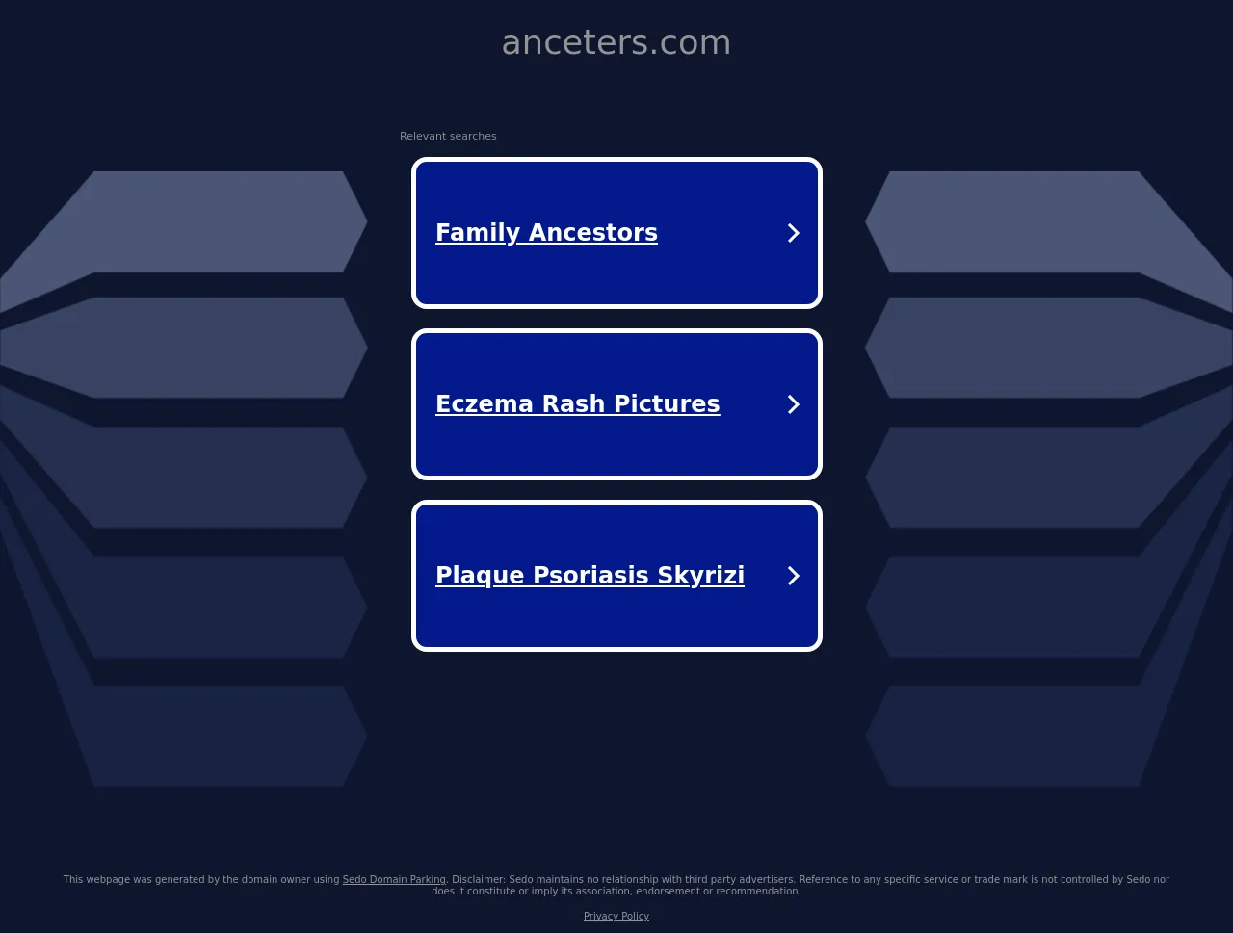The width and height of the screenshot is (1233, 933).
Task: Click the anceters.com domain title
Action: pos(616,42)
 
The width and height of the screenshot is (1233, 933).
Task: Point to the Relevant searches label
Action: pos(448,136)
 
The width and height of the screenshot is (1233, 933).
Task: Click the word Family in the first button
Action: pos(478,233)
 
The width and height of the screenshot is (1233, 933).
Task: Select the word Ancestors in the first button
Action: pos(593,232)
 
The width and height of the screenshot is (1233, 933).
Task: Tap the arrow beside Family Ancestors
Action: pos(793,233)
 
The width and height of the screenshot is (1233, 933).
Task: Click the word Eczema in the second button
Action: pos(485,403)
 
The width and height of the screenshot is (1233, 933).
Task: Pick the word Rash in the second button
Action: pos(573,403)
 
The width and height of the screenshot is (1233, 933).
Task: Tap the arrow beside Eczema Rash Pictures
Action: pos(793,404)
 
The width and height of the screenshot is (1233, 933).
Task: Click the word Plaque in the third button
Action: pos(480,576)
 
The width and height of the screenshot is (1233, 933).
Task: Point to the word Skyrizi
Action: pos(701,576)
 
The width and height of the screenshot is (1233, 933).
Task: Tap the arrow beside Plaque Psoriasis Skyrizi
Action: pos(793,576)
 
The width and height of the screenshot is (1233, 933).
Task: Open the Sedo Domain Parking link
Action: pos(394,880)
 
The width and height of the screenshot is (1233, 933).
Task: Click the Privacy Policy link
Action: pos(616,917)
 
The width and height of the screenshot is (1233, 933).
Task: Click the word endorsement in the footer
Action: pos(669,891)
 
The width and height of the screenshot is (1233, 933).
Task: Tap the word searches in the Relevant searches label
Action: pos(473,136)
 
